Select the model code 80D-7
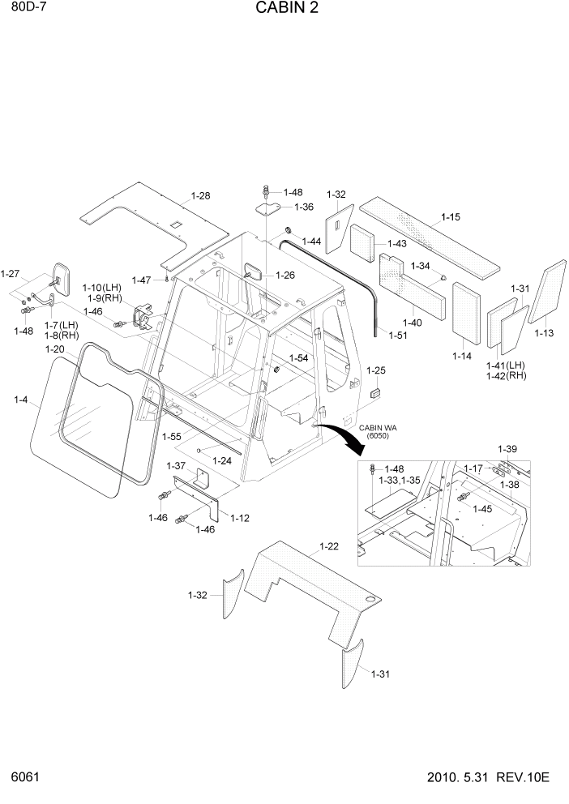point(27,8)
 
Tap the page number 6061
point(26,778)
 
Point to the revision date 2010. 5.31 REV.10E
point(488,778)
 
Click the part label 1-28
point(200,196)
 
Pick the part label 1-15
point(451,217)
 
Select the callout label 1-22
point(328,547)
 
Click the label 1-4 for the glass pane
point(20,399)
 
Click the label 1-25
point(376,370)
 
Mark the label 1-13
point(545,332)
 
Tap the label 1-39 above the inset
point(507,449)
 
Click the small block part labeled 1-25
point(375,393)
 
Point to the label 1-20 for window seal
point(54,349)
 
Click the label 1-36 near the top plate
point(303,207)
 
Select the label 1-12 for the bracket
point(240,518)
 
